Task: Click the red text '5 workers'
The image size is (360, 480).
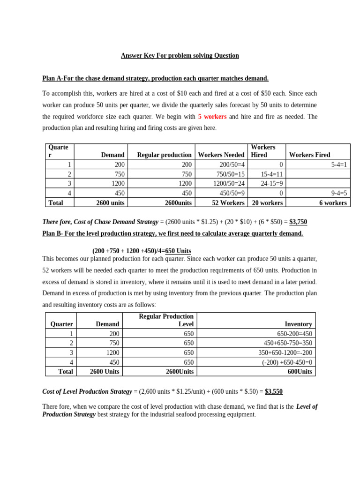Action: (x=212, y=116)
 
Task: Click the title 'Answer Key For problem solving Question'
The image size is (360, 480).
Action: (x=180, y=55)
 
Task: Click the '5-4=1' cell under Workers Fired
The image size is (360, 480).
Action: (x=337, y=165)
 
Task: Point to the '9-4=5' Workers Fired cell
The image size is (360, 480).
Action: (x=337, y=193)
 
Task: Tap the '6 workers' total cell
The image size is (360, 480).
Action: (x=333, y=202)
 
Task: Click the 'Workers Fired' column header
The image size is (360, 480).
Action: (x=310, y=155)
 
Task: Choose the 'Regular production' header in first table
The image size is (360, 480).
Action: (x=164, y=155)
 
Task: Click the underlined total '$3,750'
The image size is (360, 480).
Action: (x=298, y=222)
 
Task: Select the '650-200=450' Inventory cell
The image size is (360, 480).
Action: (x=294, y=334)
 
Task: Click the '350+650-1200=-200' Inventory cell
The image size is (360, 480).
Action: (x=285, y=352)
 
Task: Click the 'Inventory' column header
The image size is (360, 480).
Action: (x=298, y=324)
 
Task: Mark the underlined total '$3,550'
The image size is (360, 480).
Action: (x=274, y=391)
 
